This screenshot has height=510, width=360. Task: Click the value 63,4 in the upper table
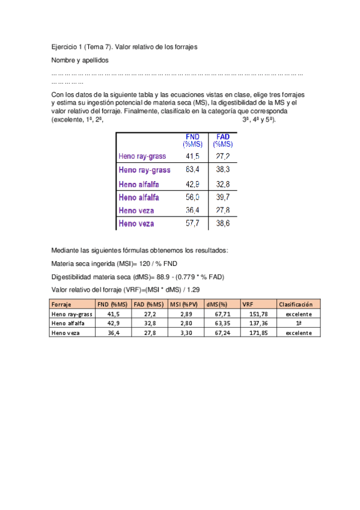coord(192,170)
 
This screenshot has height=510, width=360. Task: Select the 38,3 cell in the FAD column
coord(222,170)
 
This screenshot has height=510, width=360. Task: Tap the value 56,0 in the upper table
coord(192,197)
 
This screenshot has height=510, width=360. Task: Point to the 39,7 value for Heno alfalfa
coord(222,197)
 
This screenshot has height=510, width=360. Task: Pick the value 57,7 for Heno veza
coord(192,223)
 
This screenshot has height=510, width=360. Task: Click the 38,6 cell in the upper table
coord(222,223)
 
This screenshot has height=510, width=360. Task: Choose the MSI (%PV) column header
coord(184,304)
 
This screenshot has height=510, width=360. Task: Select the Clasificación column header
coord(296,304)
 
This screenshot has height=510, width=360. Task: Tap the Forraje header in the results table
coord(61,304)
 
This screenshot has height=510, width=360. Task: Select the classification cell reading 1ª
coord(299,324)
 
